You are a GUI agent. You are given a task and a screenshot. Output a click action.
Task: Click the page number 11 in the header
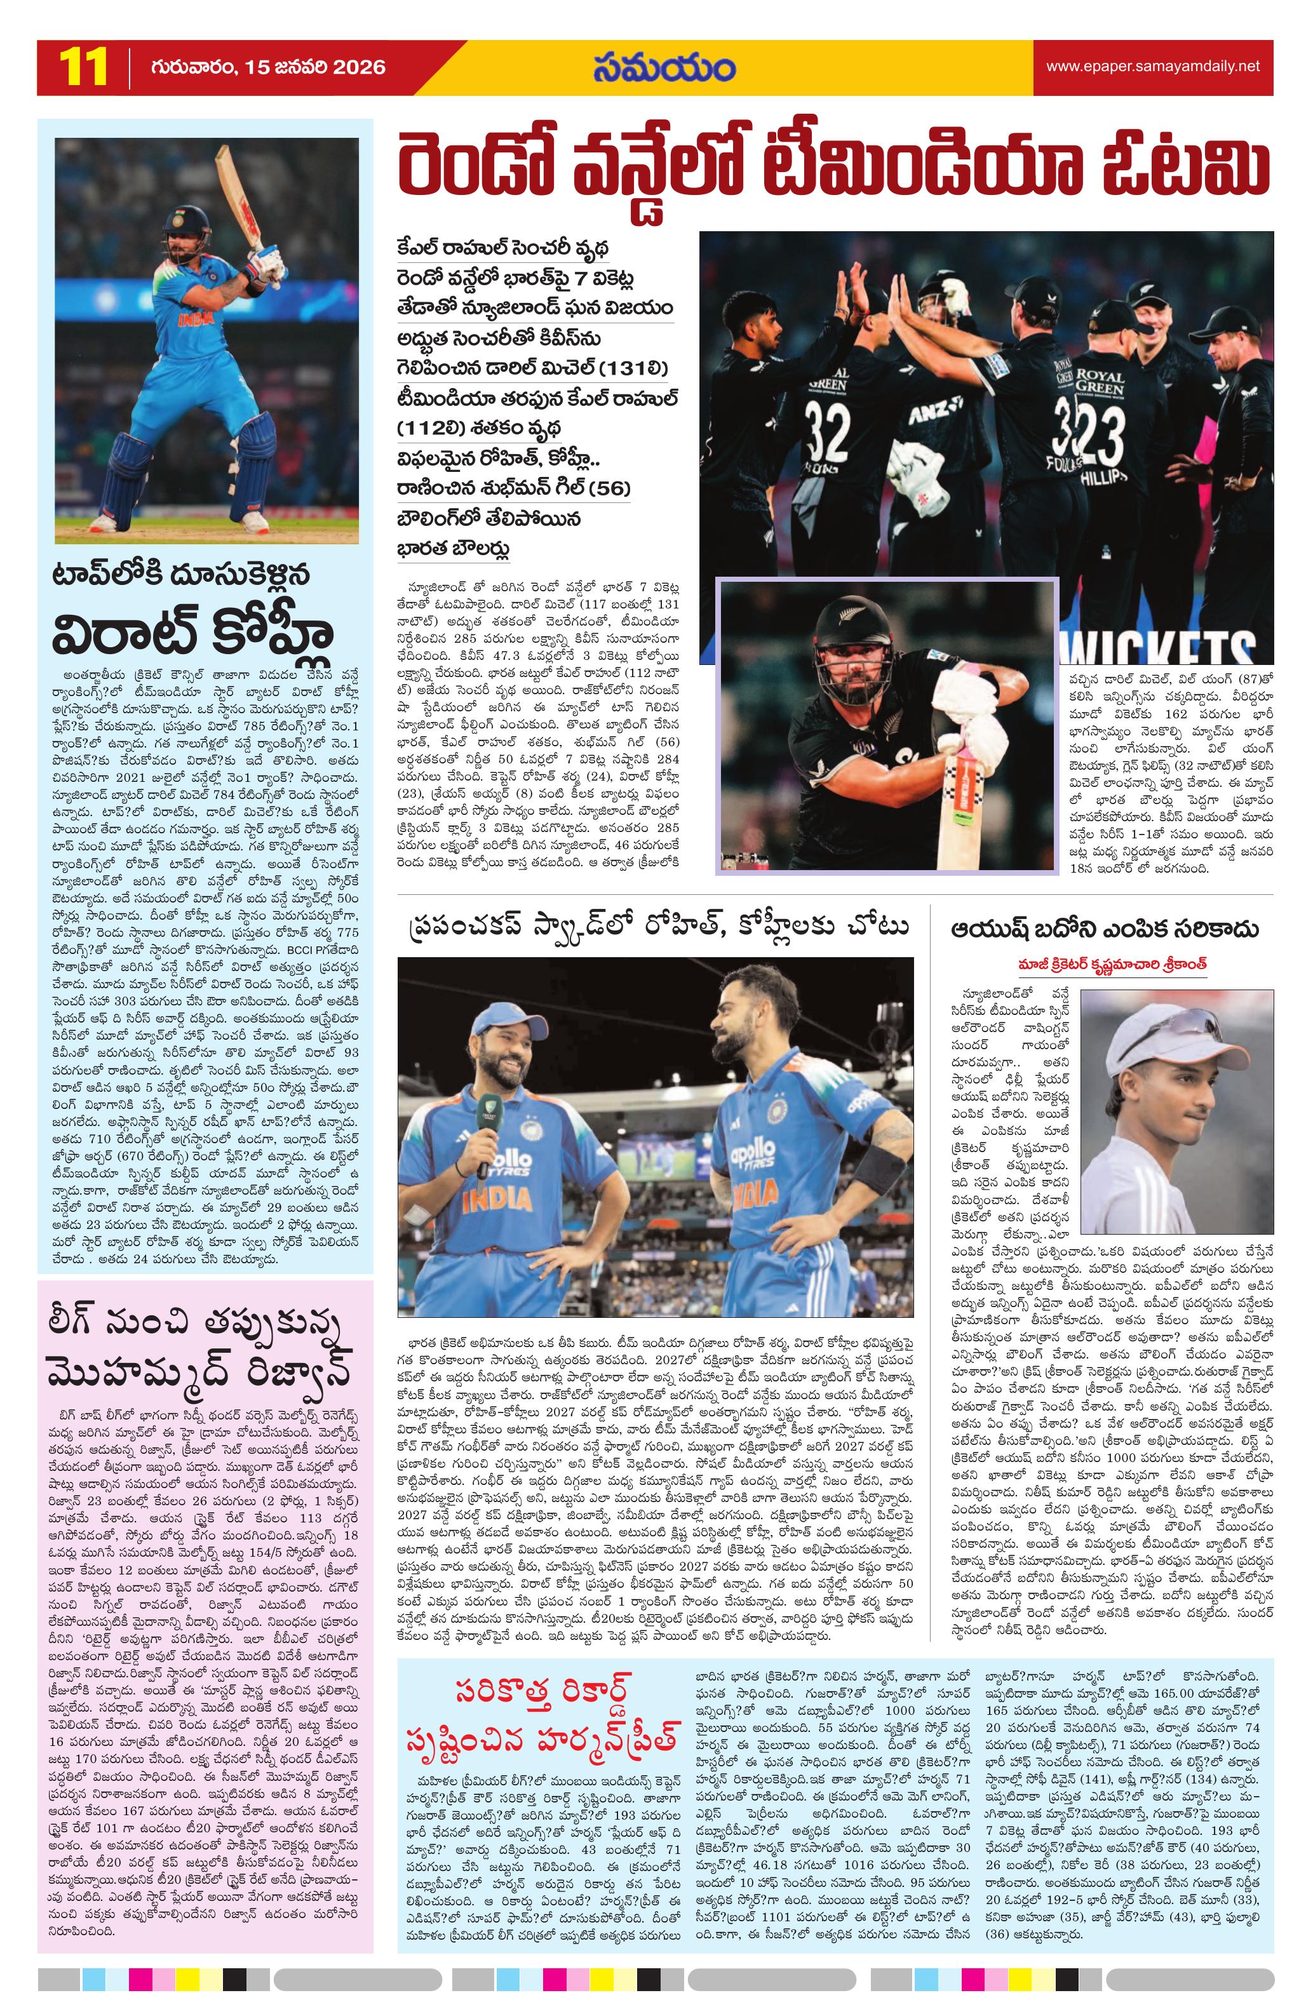click(x=83, y=67)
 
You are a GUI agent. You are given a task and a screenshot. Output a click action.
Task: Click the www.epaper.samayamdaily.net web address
click(x=1152, y=66)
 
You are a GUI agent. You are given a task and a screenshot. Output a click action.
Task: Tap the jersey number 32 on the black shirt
click(x=826, y=430)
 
